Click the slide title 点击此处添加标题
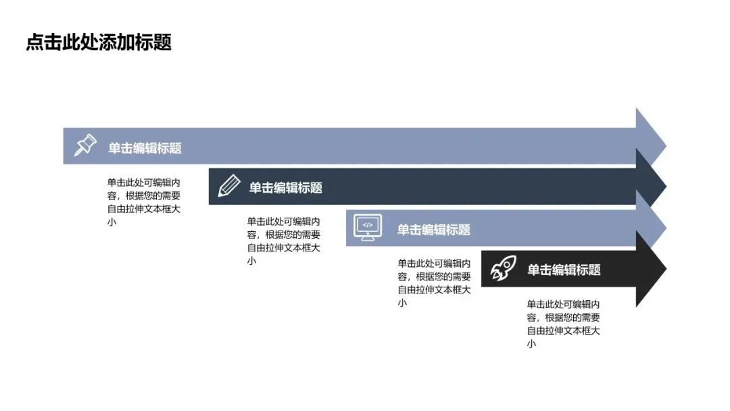[x=99, y=42]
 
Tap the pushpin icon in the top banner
[x=85, y=145]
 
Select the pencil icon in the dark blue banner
[x=229, y=186]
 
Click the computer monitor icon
[x=368, y=227]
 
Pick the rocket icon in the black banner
[x=503, y=269]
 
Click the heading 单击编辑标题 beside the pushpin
[x=145, y=148]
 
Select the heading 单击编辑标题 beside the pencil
[x=285, y=188]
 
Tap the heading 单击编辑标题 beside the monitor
[x=433, y=230]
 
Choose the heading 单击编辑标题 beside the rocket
[x=564, y=270]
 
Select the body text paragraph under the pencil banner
[x=283, y=241]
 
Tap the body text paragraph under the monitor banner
[x=434, y=283]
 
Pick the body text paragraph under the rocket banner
[x=564, y=324]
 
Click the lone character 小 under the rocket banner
[x=531, y=344]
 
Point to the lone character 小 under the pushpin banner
[x=111, y=222]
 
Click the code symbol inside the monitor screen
[x=368, y=224]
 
